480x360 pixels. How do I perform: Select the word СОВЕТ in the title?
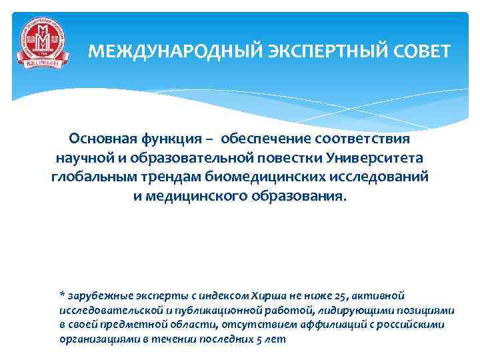point(417,51)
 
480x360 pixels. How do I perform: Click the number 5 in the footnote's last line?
point(256,339)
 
